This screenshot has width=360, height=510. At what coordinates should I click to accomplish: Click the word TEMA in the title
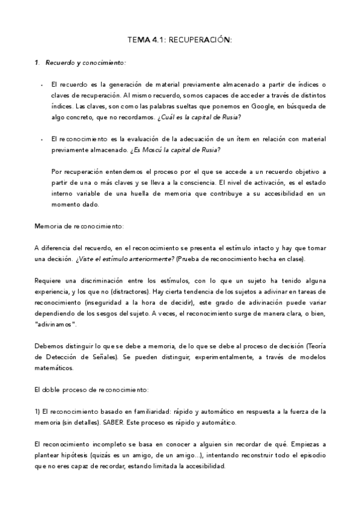[137, 40]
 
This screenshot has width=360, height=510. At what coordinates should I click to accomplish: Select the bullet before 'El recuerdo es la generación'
[41, 85]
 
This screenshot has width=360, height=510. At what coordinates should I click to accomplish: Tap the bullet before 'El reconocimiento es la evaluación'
[41, 139]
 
